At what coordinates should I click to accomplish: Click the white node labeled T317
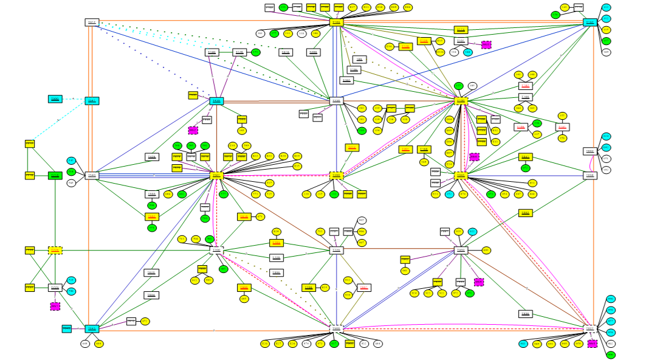pyautogui.click(x=92, y=22)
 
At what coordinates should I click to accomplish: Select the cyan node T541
pyautogui.click(x=92, y=101)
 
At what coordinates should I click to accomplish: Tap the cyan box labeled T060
pyautogui.click(x=55, y=99)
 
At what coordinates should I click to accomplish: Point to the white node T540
pyautogui.click(x=92, y=176)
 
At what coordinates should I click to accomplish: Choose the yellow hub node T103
pyautogui.click(x=337, y=22)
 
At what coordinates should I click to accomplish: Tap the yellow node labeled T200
pyautogui.click(x=337, y=175)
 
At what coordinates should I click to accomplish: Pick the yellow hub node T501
pyautogui.click(x=216, y=176)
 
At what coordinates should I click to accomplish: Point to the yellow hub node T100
pyautogui.click(x=461, y=101)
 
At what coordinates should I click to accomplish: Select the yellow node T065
pyautogui.click(x=461, y=175)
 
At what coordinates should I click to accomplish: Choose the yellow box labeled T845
pyautogui.click(x=526, y=157)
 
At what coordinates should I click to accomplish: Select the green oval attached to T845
pyautogui.click(x=526, y=168)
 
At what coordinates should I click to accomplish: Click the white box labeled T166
pyautogui.click(x=526, y=97)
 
